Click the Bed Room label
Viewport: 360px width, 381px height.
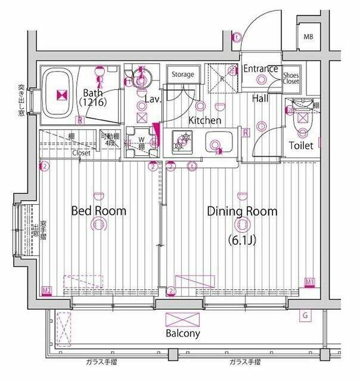point(99,211)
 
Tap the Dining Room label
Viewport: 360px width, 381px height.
point(242,211)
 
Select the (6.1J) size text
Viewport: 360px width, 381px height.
point(242,241)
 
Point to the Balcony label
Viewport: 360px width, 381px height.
point(182,333)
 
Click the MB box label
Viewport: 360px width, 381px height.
point(308,38)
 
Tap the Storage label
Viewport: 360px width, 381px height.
point(183,74)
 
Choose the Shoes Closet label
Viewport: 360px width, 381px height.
point(291,78)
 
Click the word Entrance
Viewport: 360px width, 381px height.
point(261,68)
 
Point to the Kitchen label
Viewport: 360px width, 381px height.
point(205,121)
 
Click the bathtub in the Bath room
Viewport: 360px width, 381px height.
point(60,94)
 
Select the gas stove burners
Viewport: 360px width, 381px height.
point(181,143)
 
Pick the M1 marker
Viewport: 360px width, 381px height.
point(310,281)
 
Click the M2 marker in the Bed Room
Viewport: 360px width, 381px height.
point(46,291)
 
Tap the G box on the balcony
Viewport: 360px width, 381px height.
point(305,314)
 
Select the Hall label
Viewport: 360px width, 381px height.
point(259,98)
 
